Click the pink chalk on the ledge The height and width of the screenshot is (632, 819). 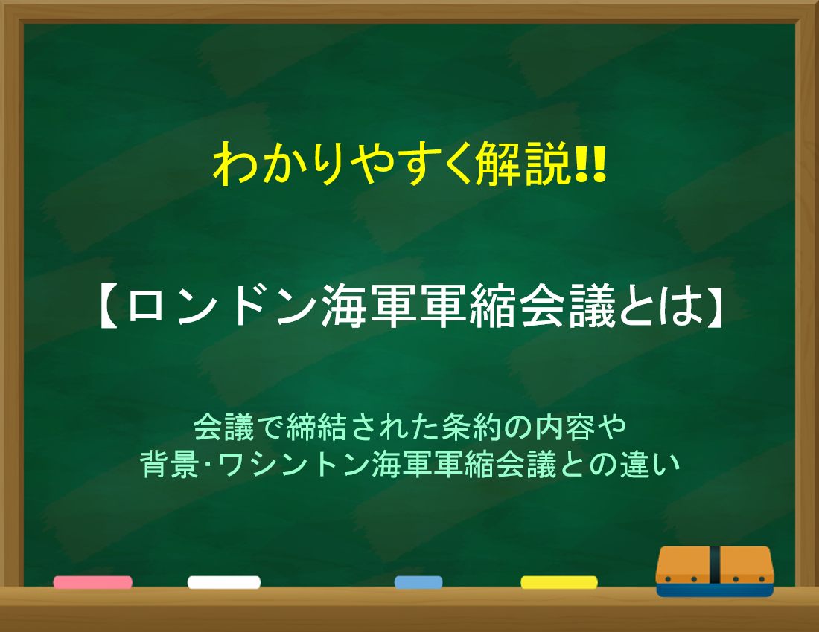92,582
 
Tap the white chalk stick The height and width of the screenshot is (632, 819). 224,582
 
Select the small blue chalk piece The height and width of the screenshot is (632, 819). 418,582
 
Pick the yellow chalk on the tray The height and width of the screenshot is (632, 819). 559,582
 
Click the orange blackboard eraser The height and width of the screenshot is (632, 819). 715,571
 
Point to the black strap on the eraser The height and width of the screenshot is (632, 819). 715,565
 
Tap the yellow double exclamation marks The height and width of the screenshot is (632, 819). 590,164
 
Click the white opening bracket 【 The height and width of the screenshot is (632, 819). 109,306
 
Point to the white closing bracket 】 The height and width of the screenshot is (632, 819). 712,306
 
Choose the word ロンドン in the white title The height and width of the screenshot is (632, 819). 221,306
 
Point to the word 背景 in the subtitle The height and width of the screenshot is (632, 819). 170,463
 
